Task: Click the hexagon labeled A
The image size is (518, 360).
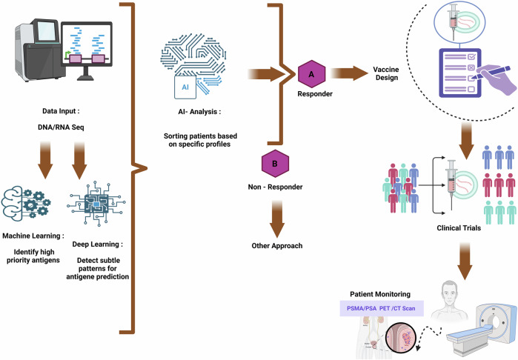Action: (x=311, y=74)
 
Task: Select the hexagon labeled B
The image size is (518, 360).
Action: (x=275, y=164)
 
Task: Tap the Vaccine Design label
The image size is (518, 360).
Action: (x=386, y=73)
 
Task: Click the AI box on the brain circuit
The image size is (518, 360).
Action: (x=185, y=87)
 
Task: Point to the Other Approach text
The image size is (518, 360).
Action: (x=277, y=246)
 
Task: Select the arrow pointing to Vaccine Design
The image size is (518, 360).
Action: (x=350, y=73)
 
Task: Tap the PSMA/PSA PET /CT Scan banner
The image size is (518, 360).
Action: (x=382, y=308)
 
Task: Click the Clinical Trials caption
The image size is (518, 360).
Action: (x=459, y=228)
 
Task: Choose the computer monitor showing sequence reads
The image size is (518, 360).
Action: (x=87, y=50)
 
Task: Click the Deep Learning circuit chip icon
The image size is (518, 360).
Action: (x=96, y=204)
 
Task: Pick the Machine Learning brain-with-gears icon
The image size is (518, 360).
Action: (x=26, y=202)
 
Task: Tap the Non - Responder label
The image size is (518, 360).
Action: (x=275, y=187)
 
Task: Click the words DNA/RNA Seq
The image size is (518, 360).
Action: (x=61, y=127)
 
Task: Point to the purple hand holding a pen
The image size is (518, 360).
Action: (x=494, y=79)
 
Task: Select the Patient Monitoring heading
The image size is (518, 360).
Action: (x=380, y=294)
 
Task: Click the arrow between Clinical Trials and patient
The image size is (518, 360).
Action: (x=465, y=261)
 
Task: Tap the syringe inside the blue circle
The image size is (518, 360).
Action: (x=453, y=22)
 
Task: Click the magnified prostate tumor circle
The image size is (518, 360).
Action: (x=401, y=341)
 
